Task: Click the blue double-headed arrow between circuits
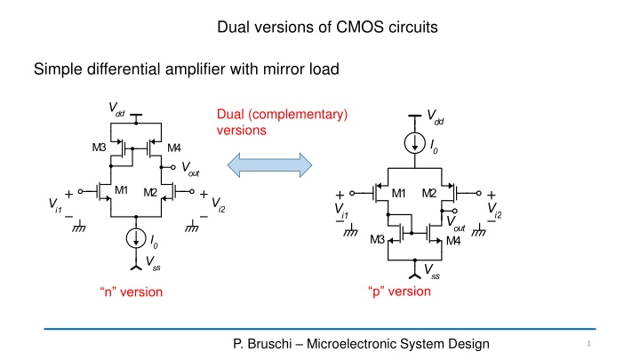[270, 165]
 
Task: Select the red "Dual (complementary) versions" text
[282, 122]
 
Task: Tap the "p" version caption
[398, 292]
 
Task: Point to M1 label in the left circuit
[121, 189]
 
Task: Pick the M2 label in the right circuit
[429, 194]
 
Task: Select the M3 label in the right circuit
[378, 241]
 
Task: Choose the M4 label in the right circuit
[453, 241]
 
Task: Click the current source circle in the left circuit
[135, 237]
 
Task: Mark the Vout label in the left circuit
[189, 168]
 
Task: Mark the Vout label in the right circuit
[454, 223]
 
